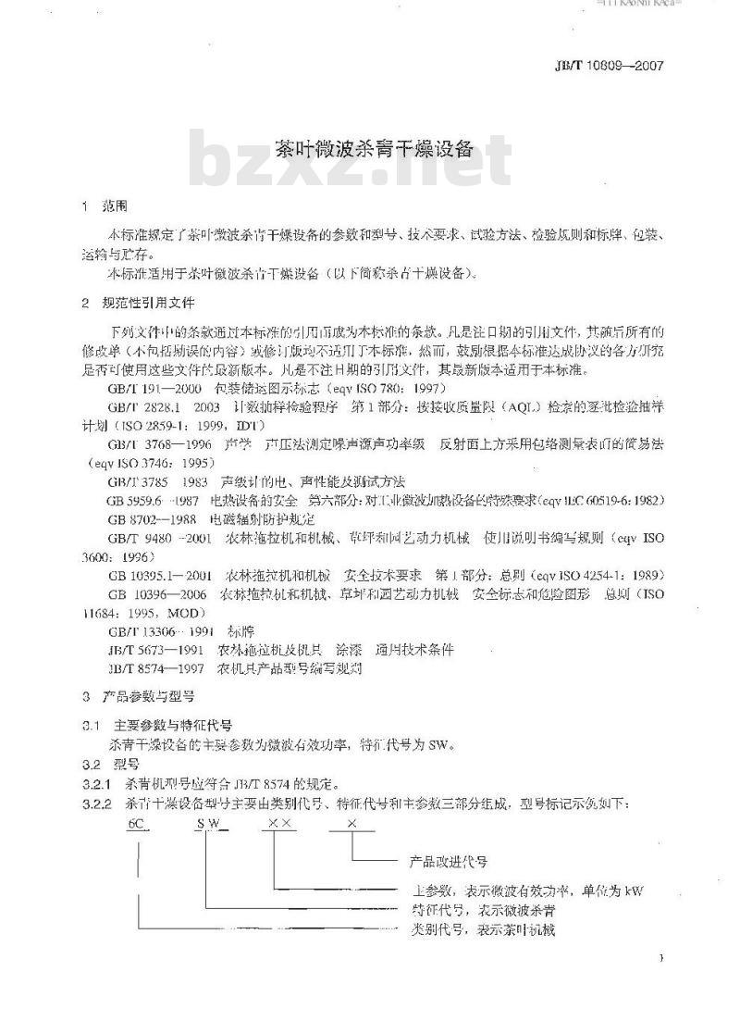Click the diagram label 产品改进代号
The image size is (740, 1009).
448,861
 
